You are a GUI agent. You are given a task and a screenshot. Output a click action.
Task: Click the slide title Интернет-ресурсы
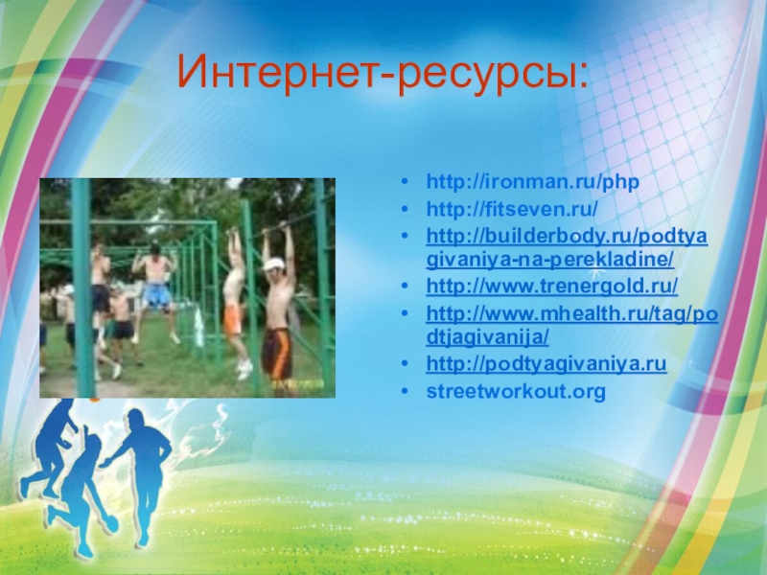[x=383, y=74]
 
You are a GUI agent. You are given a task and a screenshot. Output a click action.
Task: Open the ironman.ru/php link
[x=533, y=182]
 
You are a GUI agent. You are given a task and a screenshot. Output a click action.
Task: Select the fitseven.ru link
[x=512, y=209]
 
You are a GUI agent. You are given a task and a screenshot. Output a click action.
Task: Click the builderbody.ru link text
[x=567, y=247]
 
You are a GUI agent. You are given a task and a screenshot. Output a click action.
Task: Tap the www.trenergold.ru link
[x=552, y=286]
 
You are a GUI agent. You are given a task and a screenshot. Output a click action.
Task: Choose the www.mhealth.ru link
[x=571, y=325]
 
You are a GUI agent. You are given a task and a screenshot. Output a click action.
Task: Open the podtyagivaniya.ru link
[x=546, y=364]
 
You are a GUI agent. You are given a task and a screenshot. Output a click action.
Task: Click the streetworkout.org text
[x=516, y=391]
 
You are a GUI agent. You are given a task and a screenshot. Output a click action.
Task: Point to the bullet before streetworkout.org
[x=404, y=391]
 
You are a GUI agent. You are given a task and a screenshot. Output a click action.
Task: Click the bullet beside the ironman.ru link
[x=404, y=182]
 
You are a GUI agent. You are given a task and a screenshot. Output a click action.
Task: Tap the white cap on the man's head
[x=272, y=264]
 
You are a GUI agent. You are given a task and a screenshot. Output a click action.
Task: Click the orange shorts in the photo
[x=233, y=318]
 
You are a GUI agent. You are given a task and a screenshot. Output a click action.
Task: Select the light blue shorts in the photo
[x=156, y=296]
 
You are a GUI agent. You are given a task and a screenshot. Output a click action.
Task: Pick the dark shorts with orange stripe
[x=277, y=353]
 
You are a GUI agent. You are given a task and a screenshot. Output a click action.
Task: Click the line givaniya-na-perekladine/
[x=549, y=260]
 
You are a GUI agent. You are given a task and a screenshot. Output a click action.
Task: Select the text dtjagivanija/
[x=487, y=337]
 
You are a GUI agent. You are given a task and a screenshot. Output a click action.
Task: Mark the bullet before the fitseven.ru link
[x=404, y=209]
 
